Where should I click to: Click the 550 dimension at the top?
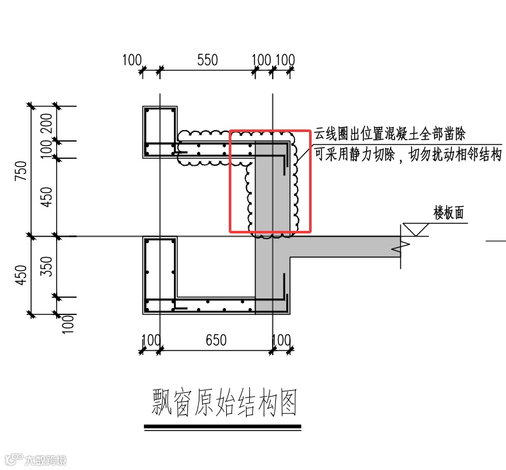[x=207, y=60]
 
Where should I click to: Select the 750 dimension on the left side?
[x=22, y=171]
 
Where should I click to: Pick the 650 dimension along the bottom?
[x=216, y=340]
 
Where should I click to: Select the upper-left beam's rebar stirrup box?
[x=159, y=132]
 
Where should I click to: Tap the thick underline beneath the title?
[x=222, y=426]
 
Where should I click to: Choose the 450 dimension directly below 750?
[x=22, y=274]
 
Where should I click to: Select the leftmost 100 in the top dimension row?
[x=131, y=60]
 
